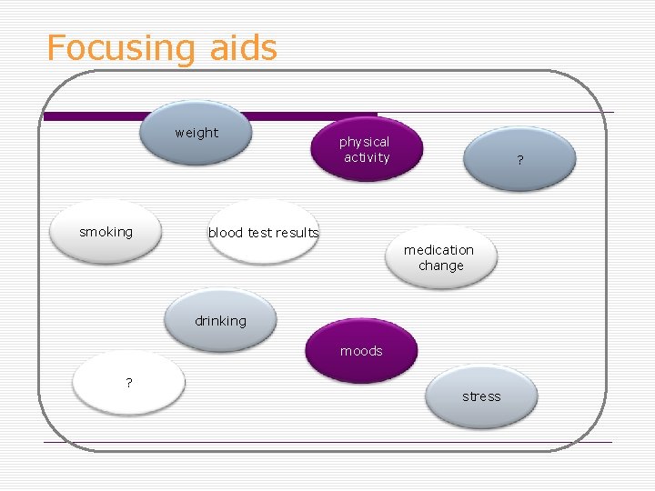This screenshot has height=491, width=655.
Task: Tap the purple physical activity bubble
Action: click(x=366, y=149)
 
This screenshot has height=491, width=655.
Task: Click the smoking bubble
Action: click(x=106, y=232)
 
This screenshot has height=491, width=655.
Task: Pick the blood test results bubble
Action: click(x=263, y=233)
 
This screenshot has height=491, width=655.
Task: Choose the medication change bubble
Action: click(x=440, y=257)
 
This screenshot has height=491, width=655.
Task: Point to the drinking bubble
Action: click(x=220, y=321)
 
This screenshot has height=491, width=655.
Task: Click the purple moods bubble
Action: click(x=361, y=351)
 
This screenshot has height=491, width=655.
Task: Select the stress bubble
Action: click(x=481, y=396)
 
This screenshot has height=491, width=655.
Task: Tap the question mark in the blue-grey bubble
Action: click(x=520, y=161)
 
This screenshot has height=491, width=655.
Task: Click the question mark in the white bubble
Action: click(x=129, y=383)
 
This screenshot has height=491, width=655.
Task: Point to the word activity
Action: click(x=366, y=157)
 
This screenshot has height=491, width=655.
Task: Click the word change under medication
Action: click(x=441, y=266)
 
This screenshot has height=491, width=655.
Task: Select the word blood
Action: click(x=225, y=233)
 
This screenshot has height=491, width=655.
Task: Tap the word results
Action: click(x=297, y=233)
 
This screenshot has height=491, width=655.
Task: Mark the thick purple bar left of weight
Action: click(x=91, y=116)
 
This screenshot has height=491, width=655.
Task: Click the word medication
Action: click(x=439, y=249)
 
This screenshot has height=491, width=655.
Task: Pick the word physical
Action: click(x=364, y=142)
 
